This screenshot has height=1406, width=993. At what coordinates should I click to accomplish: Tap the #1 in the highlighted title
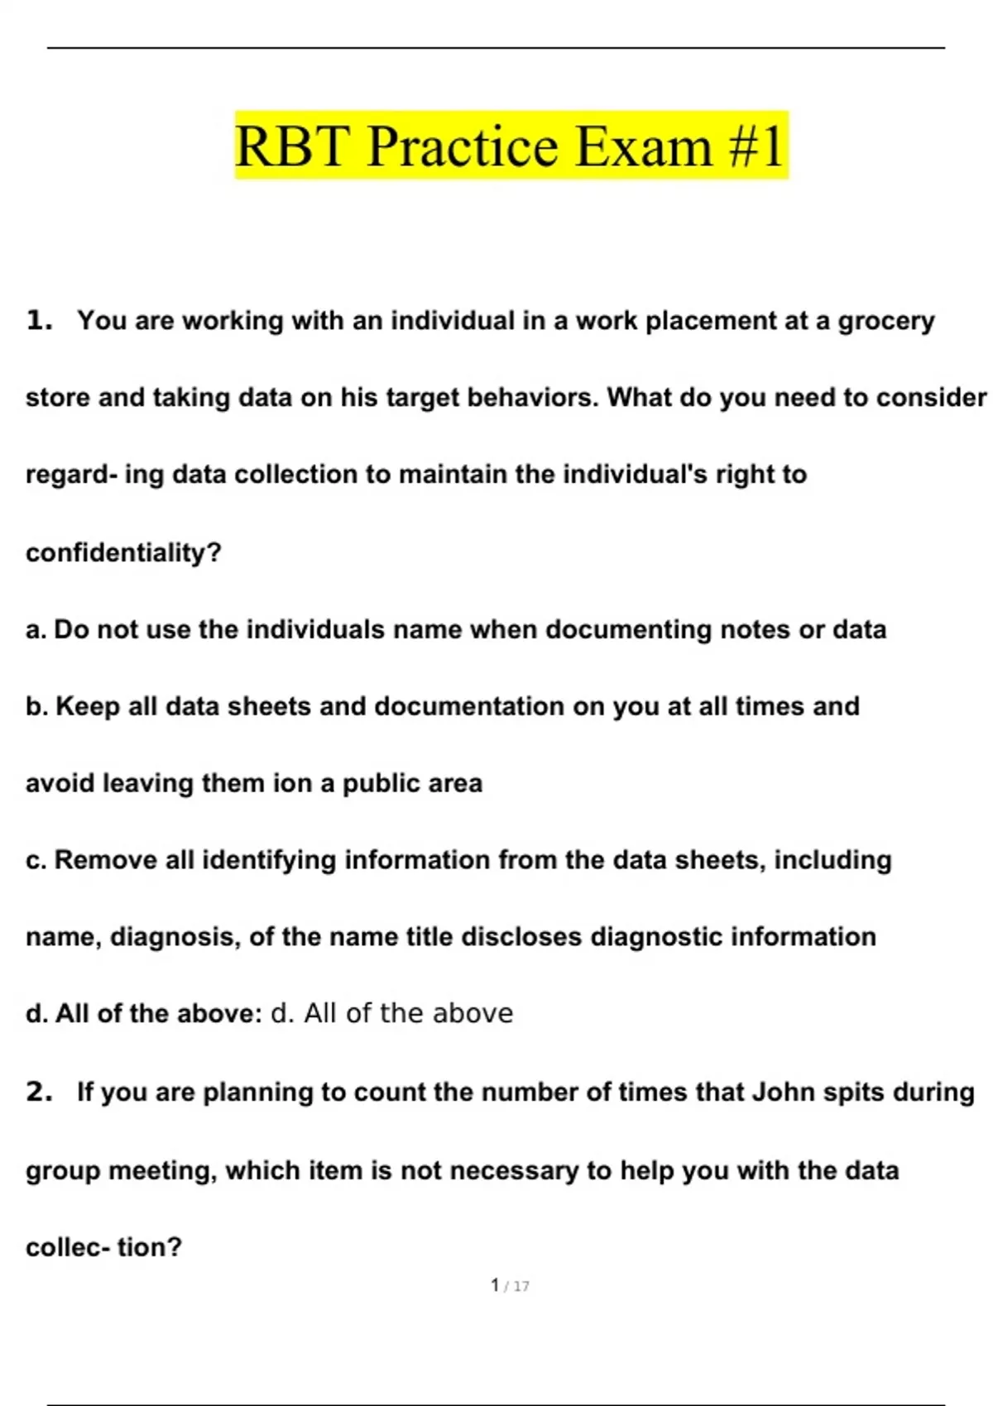(x=756, y=146)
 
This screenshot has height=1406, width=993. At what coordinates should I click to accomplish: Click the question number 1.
(x=39, y=320)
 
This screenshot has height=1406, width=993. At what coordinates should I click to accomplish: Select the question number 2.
(x=39, y=1092)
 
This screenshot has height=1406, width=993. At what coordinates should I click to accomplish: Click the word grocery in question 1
(x=886, y=321)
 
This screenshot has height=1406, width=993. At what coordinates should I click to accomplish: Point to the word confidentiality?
(x=124, y=552)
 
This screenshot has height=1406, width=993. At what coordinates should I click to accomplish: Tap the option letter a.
(x=35, y=630)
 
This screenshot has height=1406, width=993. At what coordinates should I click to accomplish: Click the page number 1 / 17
(x=510, y=1285)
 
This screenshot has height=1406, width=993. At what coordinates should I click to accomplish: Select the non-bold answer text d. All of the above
(x=392, y=1013)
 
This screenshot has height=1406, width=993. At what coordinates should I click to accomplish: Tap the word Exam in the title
(x=643, y=146)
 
